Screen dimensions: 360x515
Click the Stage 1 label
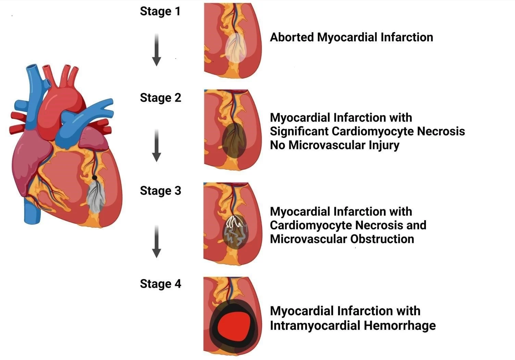click(x=160, y=11)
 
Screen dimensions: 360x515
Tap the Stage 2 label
click(x=160, y=98)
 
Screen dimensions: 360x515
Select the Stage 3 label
click(x=160, y=191)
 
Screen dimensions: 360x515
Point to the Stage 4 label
click(x=160, y=284)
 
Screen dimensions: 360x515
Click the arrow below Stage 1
click(x=156, y=50)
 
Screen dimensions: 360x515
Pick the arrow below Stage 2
click(x=156, y=145)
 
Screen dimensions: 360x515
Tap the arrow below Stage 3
click(x=156, y=241)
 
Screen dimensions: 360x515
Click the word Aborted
click(x=292, y=37)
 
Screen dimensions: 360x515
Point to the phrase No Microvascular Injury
click(x=335, y=145)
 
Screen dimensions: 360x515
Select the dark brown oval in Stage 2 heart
click(x=234, y=140)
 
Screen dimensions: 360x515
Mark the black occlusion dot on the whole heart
click(x=95, y=178)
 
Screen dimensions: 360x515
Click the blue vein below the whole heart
click(x=33, y=212)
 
